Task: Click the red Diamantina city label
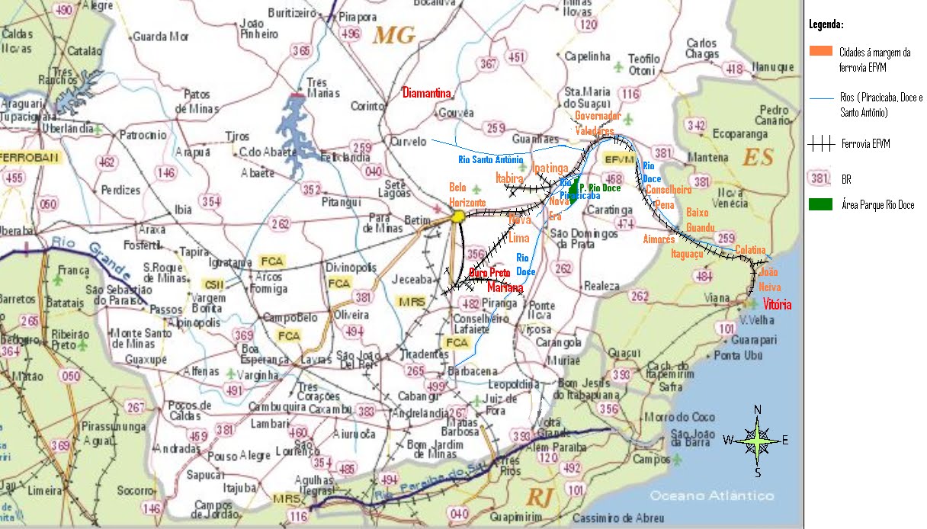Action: click(427, 93)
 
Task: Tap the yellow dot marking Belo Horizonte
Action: click(458, 217)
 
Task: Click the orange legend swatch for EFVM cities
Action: click(821, 51)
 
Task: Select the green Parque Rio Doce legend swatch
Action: click(821, 204)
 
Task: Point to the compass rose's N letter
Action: click(758, 410)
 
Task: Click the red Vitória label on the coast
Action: click(777, 305)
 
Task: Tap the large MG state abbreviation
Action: click(394, 35)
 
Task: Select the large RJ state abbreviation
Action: click(539, 498)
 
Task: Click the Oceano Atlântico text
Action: click(711, 495)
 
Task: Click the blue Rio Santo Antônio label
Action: click(490, 160)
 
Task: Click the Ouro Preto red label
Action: click(489, 273)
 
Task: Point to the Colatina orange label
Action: click(751, 250)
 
